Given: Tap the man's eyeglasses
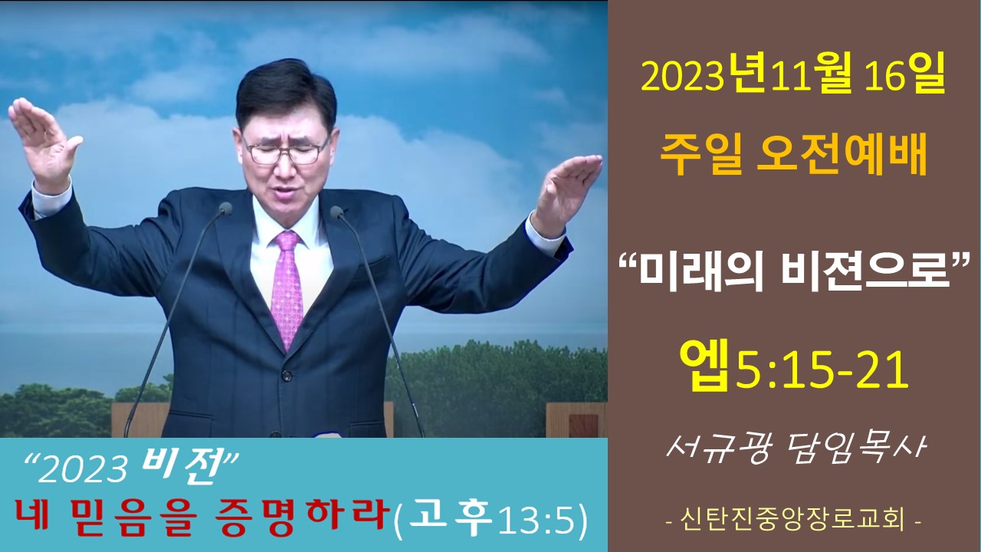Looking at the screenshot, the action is (x=287, y=149).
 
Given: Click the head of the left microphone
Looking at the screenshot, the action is (x=225, y=209).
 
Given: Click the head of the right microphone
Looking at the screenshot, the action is (x=336, y=212).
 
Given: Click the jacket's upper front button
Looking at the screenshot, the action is (x=287, y=376).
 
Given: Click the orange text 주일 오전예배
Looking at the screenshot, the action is (x=793, y=156).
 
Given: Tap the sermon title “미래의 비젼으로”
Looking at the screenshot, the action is (x=793, y=272).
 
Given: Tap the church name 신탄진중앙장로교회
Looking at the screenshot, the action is (x=793, y=520).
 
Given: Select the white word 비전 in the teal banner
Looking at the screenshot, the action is (x=182, y=467).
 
